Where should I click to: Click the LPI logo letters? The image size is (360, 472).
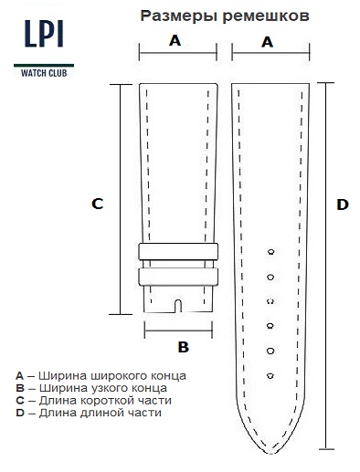click(44, 34)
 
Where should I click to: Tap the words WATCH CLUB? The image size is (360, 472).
click(44, 73)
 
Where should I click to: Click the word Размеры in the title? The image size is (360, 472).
click(179, 16)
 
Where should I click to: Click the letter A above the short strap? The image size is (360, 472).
click(175, 40)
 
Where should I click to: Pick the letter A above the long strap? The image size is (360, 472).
click(267, 42)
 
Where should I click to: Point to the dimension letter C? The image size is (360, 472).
click(98, 204)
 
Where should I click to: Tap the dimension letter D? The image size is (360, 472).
click(343, 205)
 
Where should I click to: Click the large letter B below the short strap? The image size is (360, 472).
click(184, 347)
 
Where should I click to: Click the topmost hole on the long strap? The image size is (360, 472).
click(270, 252)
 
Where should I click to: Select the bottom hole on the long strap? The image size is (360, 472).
click(270, 376)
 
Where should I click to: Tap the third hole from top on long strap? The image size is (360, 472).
click(270, 301)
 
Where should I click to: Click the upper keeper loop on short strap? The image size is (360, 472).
click(178, 251)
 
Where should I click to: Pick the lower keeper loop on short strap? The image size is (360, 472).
click(178, 277)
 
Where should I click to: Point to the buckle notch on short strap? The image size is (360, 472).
click(178, 306)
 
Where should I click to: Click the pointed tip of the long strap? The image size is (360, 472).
click(271, 454)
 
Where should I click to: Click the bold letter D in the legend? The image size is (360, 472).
click(20, 413)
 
